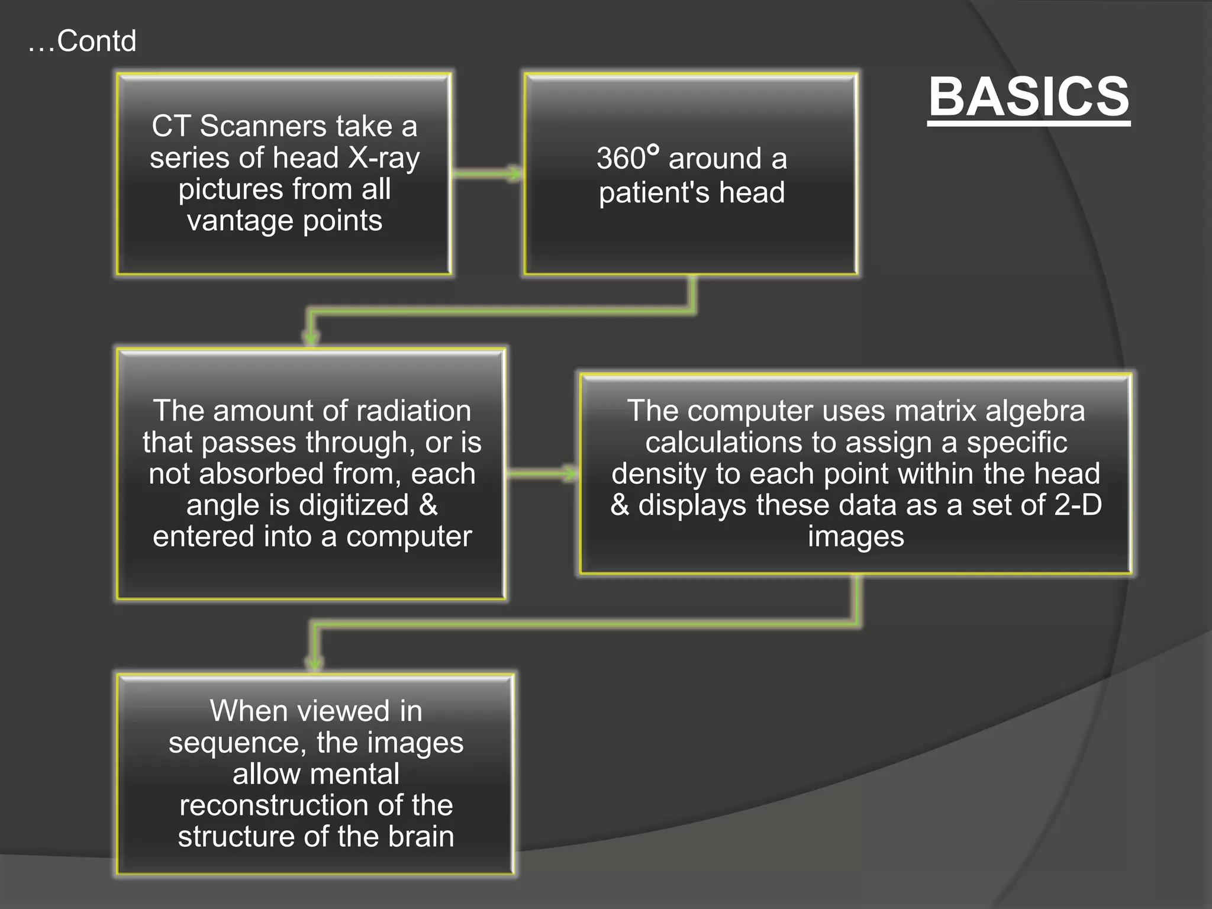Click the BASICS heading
[x=1029, y=98]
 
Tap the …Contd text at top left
[x=82, y=41]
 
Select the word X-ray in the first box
[x=384, y=158]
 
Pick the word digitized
[x=353, y=505]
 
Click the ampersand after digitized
[x=428, y=505]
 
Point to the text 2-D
[x=1078, y=505]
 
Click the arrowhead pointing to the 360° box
[x=516, y=173]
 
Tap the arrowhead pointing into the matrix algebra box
[x=572, y=473]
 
